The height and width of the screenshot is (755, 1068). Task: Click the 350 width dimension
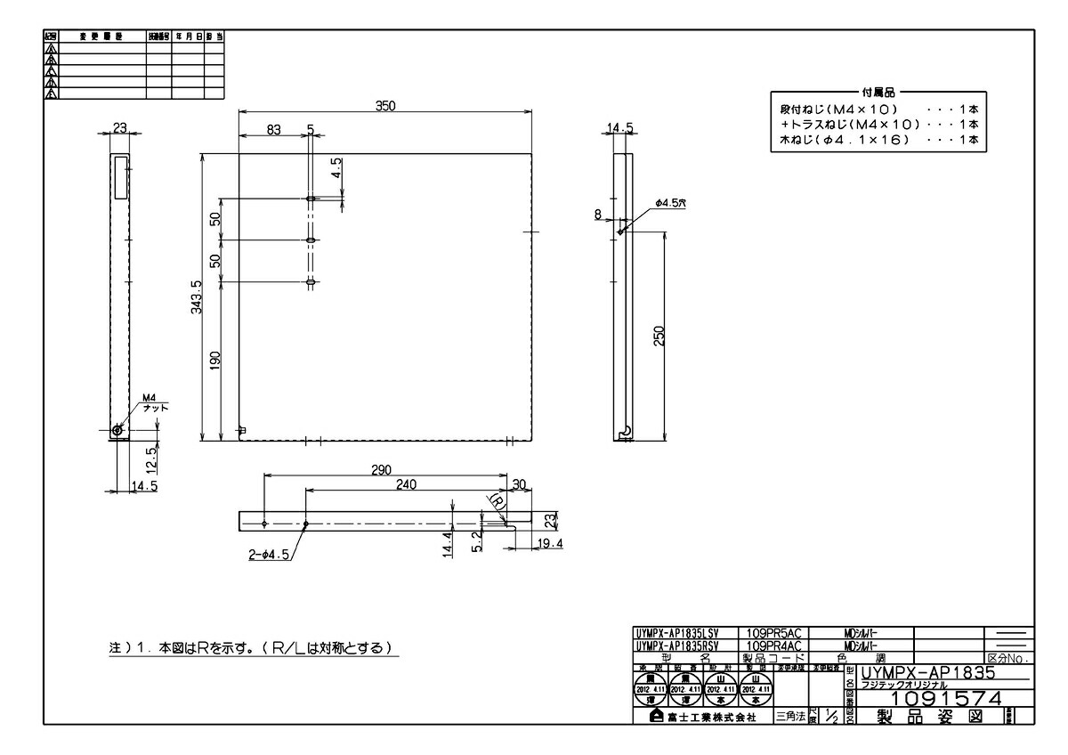click(384, 105)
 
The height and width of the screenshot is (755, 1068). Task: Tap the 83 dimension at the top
click(272, 129)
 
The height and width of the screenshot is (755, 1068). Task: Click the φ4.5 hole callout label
click(670, 204)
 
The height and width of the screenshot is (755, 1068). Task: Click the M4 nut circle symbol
click(117, 430)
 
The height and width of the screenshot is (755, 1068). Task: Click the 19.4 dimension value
click(550, 543)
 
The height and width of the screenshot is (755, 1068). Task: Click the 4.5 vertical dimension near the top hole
click(336, 167)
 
